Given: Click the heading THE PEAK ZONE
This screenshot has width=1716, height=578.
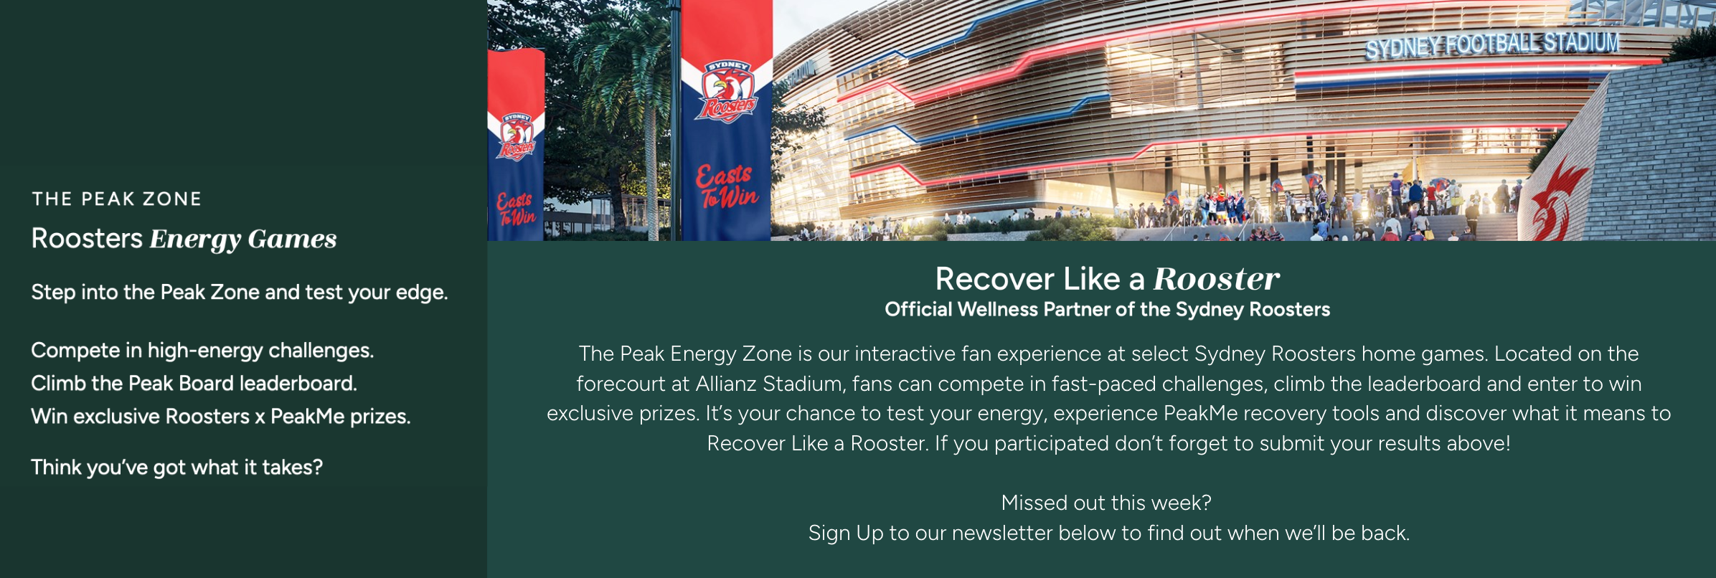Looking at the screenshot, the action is [x=116, y=199].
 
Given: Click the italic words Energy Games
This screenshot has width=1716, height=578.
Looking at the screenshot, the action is [x=243, y=240].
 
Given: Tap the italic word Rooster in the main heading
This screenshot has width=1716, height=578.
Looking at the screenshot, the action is [x=1216, y=279].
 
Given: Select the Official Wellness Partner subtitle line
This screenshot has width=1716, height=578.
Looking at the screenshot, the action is [x=1107, y=309].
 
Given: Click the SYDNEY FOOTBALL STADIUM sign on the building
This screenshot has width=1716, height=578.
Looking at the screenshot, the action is [x=1492, y=44].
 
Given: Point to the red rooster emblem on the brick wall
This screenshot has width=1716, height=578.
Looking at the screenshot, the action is [x=1558, y=200].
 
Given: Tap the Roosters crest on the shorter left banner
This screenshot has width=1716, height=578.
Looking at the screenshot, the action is [x=517, y=136].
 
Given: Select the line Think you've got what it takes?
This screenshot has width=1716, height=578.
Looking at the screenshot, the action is [x=176, y=468].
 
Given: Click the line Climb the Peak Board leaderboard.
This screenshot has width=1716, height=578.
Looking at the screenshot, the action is [x=194, y=384].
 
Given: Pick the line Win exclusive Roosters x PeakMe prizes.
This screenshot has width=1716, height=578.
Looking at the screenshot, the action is [x=221, y=417].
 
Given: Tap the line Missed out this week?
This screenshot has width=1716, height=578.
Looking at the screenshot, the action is [x=1106, y=503].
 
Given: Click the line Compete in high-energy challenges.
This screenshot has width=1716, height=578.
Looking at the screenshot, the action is [x=202, y=351].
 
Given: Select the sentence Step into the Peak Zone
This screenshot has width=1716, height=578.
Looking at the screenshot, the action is [x=240, y=293].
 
